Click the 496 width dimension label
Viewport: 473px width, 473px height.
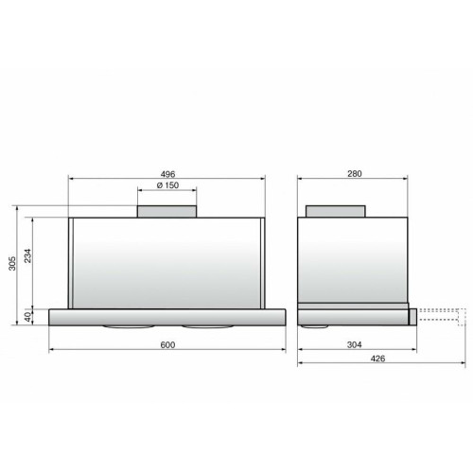click(167, 174)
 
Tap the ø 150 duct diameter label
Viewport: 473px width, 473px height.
click(167, 185)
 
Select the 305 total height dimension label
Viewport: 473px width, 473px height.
click(12, 263)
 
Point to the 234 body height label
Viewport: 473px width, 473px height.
click(28, 255)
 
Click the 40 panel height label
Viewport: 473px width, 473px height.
click(28, 317)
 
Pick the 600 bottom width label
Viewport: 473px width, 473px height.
click(167, 345)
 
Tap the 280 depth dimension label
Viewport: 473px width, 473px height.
click(355, 174)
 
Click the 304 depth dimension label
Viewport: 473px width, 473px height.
click(354, 345)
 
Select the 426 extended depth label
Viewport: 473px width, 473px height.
click(377, 359)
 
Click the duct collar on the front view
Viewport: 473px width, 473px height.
click(166, 211)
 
